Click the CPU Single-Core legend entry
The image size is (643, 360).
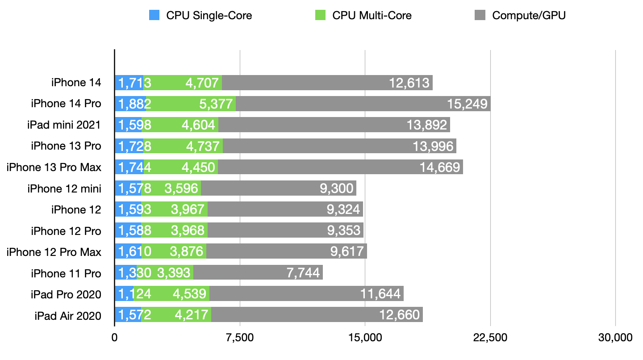tap(209, 16)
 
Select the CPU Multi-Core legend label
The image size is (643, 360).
tap(372, 16)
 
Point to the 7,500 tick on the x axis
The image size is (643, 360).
tap(240, 338)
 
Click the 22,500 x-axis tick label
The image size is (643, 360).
tap(491, 338)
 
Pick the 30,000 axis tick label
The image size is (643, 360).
tap(616, 338)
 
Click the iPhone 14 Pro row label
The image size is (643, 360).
tap(66, 104)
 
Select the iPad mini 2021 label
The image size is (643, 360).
tap(64, 125)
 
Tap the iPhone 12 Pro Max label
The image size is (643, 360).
tap(54, 252)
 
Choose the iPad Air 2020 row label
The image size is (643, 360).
tap(68, 316)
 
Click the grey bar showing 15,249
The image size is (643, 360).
tap(363, 104)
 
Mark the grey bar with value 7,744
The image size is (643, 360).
tap(258, 272)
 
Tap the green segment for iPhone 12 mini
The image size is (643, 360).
tap(171, 188)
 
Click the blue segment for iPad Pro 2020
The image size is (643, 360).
tap(124, 294)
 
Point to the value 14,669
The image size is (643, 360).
tap(439, 167)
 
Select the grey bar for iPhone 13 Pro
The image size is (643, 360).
tap(339, 146)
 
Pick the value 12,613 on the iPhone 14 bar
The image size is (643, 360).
tap(409, 83)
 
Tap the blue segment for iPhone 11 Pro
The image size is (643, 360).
tap(125, 272)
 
